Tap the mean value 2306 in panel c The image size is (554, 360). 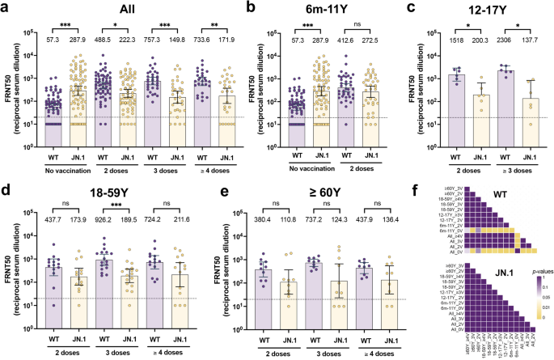(487, 39)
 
